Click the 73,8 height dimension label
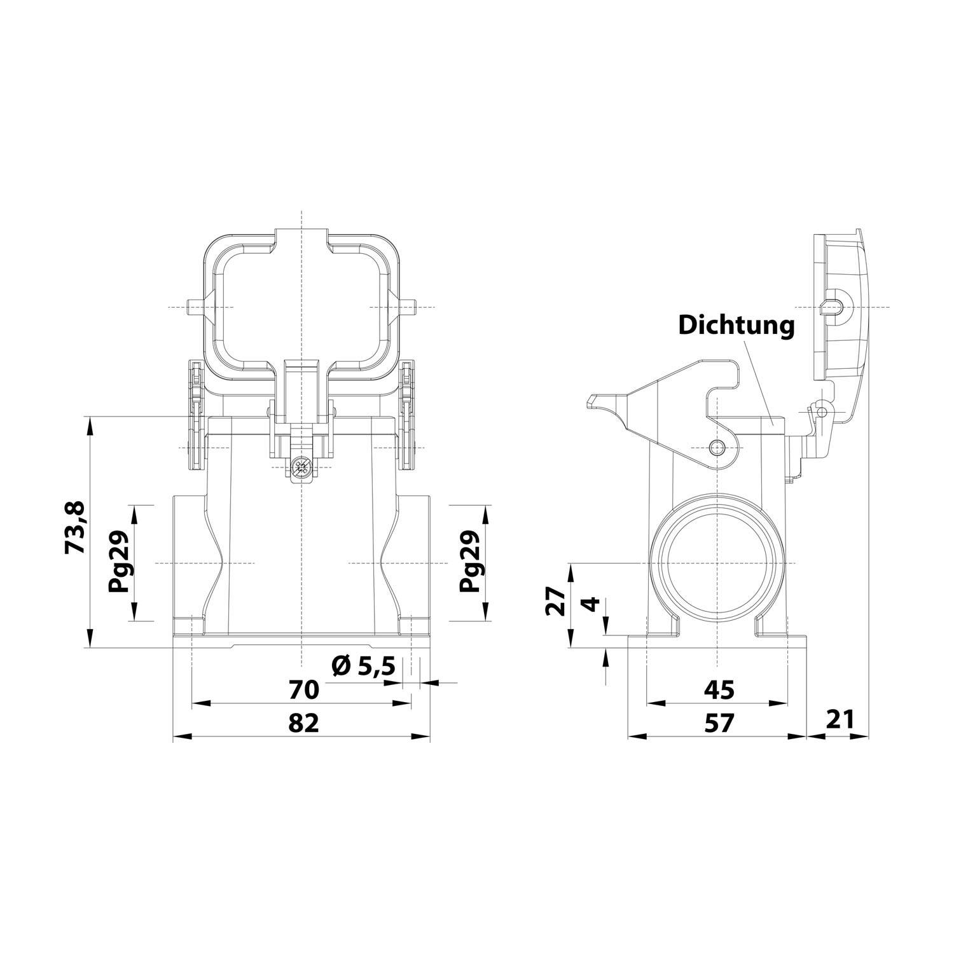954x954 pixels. [x=74, y=527]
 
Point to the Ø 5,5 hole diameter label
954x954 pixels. [x=364, y=667]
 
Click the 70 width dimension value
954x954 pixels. [x=303, y=689]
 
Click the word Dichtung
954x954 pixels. [x=736, y=325]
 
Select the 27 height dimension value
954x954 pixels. [x=555, y=601]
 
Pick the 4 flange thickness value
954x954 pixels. [x=591, y=604]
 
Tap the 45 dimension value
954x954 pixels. [x=719, y=689]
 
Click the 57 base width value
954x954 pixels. [x=719, y=722]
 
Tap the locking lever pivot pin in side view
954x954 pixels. [x=717, y=446]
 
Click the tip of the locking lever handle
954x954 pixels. [x=591, y=401]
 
